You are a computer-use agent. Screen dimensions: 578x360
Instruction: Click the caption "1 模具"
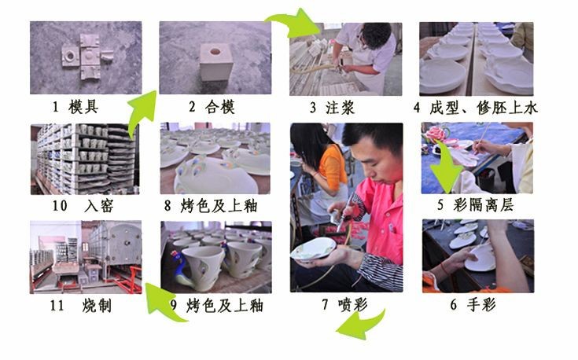[x=75, y=107]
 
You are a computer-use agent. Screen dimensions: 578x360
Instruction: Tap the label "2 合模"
[x=212, y=107]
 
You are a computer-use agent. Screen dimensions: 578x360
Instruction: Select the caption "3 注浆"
[x=332, y=108]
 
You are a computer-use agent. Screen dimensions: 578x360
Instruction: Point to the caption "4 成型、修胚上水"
[x=476, y=108]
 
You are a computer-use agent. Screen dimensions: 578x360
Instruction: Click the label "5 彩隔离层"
[x=476, y=205]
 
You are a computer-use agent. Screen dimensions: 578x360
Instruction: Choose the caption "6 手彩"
[x=473, y=304]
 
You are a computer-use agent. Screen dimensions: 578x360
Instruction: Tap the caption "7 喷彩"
[x=345, y=304]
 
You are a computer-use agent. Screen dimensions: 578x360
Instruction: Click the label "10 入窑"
[x=83, y=206]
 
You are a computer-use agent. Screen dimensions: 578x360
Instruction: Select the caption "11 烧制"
[x=81, y=306]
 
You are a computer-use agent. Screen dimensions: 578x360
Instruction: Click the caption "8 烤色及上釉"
[x=211, y=206]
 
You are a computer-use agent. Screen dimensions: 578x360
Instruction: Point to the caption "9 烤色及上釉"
[x=217, y=306]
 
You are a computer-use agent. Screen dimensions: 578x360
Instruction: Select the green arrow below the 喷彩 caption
[x=363, y=325]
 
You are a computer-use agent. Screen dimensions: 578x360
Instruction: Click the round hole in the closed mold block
[x=215, y=52]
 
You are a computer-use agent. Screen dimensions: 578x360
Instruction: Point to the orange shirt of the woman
[x=333, y=167]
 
